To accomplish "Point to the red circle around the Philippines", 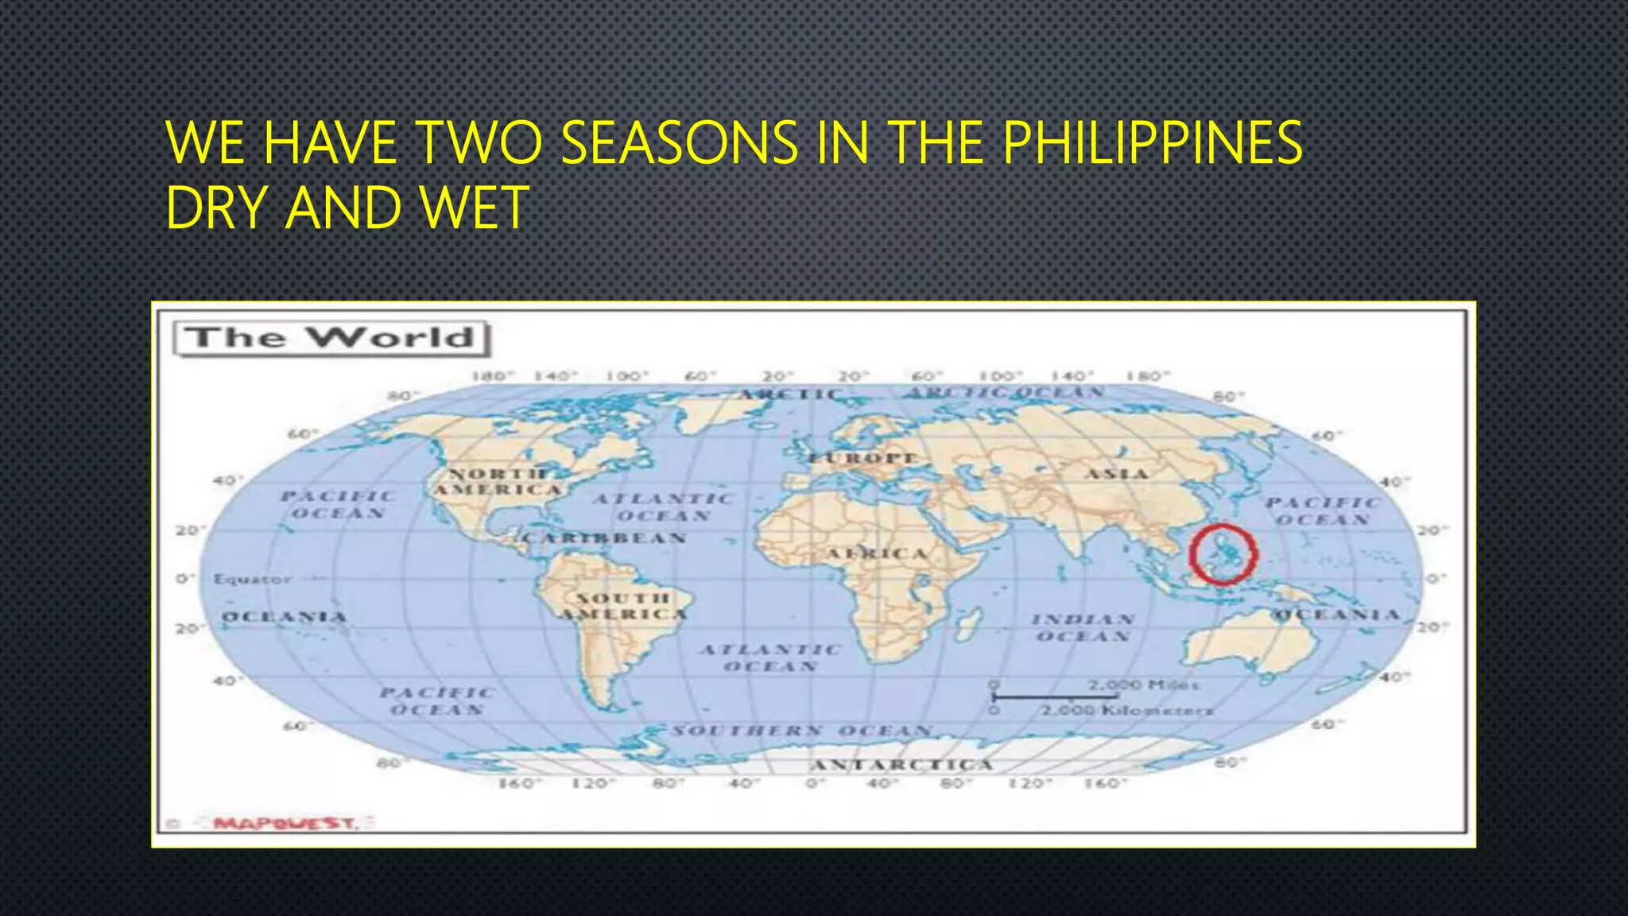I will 1223,554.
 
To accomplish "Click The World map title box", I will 331,338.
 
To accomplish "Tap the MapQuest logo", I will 286,823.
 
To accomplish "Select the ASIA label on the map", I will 1117,474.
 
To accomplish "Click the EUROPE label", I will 863,458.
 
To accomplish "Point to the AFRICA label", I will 877,553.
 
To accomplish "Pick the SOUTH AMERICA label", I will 622,606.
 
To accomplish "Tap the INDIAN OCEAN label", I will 1083,627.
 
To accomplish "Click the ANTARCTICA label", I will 902,765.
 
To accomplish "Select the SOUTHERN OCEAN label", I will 801,730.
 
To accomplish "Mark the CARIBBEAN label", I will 604,538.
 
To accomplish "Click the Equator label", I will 252,579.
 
